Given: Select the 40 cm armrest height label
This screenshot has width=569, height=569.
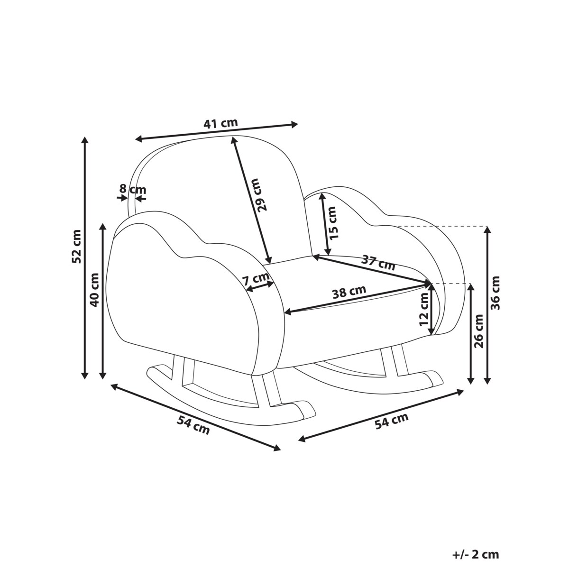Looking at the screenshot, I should pyautogui.click(x=94, y=290).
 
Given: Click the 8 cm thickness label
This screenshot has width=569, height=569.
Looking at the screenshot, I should pyautogui.click(x=132, y=189).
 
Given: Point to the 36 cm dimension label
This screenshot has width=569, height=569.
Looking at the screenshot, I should pyautogui.click(x=495, y=293).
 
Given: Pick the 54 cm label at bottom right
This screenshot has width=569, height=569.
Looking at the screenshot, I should pyautogui.click(x=392, y=421).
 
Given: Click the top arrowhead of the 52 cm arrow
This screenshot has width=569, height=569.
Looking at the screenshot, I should pyautogui.click(x=85, y=139).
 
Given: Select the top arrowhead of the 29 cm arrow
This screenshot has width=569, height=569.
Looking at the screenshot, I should pyautogui.click(x=233, y=140).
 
